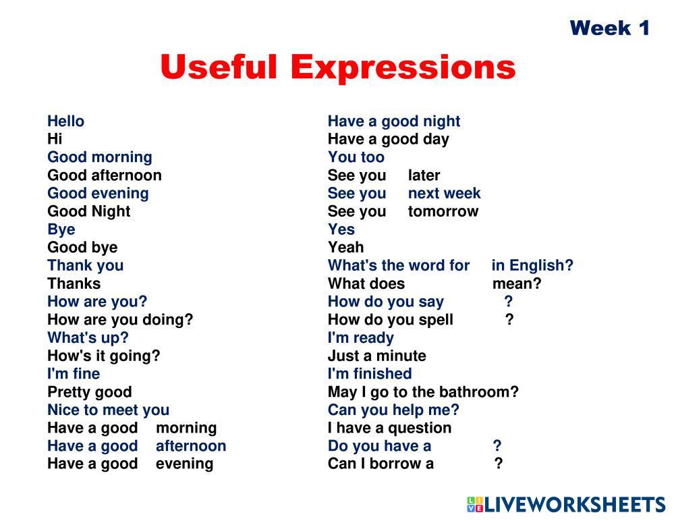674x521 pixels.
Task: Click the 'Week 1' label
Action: [609, 28]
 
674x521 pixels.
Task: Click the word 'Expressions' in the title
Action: [403, 68]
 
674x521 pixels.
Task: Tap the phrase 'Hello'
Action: [65, 121]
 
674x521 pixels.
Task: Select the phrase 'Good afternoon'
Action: [105, 175]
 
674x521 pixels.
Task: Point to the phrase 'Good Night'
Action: [89, 211]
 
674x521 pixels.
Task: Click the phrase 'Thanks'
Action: [74, 283]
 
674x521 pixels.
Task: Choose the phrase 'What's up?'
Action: [88, 338]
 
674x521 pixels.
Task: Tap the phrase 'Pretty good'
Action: [90, 392]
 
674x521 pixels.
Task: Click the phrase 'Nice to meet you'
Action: [109, 410]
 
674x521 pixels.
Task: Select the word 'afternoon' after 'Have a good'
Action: [191, 446]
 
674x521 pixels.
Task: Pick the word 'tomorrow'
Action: [443, 211]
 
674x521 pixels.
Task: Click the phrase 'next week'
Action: [444, 194]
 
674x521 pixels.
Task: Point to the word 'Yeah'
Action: [345, 248]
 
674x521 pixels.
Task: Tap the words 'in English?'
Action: [532, 266]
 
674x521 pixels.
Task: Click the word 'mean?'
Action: [517, 283]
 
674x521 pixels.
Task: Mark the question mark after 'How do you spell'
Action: [509, 319]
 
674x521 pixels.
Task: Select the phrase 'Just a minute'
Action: [377, 356]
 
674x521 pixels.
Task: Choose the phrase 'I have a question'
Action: [389, 428]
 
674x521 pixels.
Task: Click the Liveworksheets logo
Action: [567, 504]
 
